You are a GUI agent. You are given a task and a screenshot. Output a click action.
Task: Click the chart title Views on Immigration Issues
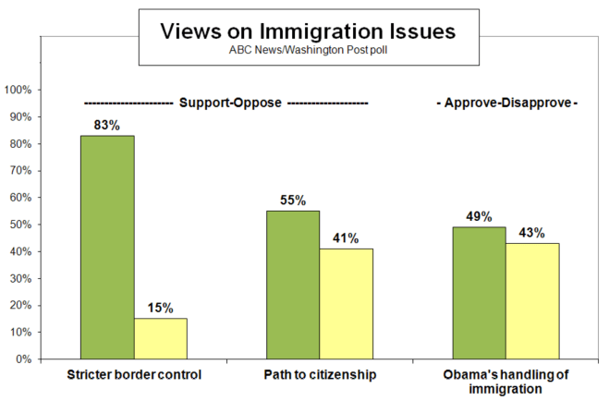tap(308, 30)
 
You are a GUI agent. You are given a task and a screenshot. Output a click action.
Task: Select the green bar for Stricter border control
tap(107, 247)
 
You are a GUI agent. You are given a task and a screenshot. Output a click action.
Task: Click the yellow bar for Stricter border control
tap(161, 338)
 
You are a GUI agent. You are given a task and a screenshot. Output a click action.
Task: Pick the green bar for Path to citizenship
tap(293, 285)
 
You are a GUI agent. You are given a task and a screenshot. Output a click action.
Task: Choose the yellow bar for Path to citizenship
tap(347, 303)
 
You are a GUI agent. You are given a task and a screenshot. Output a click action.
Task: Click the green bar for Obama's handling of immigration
tap(479, 293)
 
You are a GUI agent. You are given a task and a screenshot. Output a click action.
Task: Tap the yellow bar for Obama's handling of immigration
tap(532, 300)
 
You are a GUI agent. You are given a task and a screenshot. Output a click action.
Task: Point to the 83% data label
tap(107, 125)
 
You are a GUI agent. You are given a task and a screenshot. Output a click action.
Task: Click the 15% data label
tap(161, 308)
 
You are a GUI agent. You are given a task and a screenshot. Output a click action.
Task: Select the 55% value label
tap(293, 200)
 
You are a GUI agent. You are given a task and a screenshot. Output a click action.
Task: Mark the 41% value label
tap(347, 237)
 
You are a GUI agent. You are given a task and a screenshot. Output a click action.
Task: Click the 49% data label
tap(479, 216)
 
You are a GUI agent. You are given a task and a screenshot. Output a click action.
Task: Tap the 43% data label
tap(532, 232)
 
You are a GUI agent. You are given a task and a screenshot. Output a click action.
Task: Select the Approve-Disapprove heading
tap(506, 103)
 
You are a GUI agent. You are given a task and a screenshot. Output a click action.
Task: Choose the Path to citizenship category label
tap(320, 376)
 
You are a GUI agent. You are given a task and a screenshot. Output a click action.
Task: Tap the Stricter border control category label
tap(134, 376)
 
